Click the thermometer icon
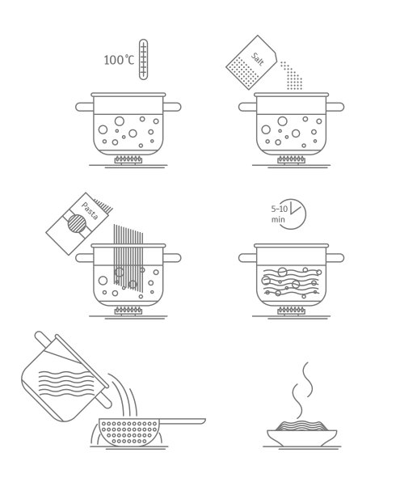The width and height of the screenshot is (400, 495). click(143, 59)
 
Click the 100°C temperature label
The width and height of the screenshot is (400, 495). click(119, 60)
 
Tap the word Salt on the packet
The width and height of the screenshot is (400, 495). click(258, 59)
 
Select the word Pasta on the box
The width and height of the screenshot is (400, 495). click(90, 210)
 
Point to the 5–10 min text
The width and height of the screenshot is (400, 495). click(279, 214)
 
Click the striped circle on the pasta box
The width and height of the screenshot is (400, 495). click(77, 223)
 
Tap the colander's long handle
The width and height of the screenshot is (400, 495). click(183, 421)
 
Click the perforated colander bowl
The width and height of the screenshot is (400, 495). click(129, 432)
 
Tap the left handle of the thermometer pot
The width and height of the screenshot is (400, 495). click(85, 107)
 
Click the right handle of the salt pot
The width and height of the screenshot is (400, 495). click(335, 107)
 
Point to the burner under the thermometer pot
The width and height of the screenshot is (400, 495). click(128, 159)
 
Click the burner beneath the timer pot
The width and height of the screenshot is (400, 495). click(291, 311)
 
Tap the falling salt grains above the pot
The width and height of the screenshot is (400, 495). click(292, 76)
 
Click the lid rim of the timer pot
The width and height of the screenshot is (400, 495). click(291, 246)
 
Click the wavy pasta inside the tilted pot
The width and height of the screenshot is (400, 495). click(66, 383)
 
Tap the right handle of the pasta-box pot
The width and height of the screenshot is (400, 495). click(172, 258)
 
